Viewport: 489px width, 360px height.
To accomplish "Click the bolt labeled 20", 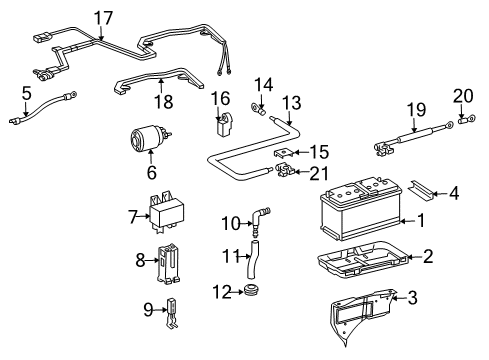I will coord(467,124).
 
